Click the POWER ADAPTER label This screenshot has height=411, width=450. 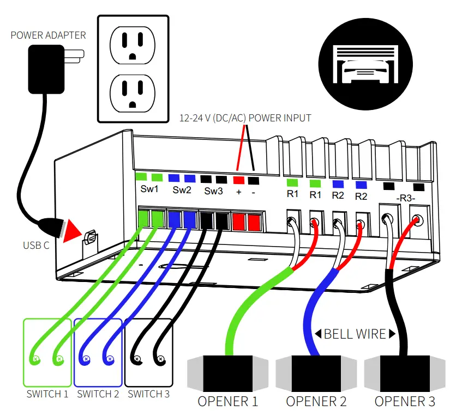click(48, 35)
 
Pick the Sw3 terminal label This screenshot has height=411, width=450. click(213, 191)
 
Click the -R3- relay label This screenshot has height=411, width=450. click(404, 199)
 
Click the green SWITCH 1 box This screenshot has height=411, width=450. click(47, 352)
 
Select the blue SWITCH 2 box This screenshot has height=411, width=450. click(98, 352)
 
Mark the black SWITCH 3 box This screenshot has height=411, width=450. click(148, 352)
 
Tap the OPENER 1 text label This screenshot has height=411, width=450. click(228, 402)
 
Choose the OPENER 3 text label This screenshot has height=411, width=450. click(405, 402)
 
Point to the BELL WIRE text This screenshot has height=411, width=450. click(355, 334)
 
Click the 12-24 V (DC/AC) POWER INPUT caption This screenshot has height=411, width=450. click(245, 118)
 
